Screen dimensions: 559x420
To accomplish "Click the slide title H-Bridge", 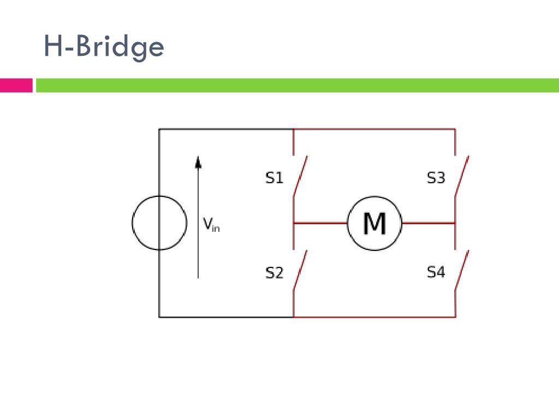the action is [x=104, y=47].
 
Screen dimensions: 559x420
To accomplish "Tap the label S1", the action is [x=275, y=178].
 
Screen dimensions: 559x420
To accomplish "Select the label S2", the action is [x=275, y=272].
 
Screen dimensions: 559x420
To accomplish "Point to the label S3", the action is [x=436, y=178].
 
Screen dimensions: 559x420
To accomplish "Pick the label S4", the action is [x=436, y=272].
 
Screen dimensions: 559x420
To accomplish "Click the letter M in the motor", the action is [x=374, y=223].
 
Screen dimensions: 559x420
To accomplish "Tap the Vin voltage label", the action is [x=211, y=224].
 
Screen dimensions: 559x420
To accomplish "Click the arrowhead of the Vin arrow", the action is [x=198, y=161].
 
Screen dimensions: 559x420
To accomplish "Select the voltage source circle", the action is [x=159, y=223].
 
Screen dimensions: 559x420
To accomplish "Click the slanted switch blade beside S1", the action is [x=300, y=176].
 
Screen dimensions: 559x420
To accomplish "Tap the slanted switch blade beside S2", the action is [x=300, y=270].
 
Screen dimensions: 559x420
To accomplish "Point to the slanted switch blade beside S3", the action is [x=462, y=176].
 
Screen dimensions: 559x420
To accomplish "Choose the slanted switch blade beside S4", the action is [x=462, y=270].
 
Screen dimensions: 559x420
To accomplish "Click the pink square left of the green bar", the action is [x=16, y=85].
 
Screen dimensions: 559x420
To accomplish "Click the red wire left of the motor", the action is [x=320, y=223].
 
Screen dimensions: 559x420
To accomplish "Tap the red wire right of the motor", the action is [x=428, y=223].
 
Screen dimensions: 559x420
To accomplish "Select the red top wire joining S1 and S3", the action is [x=374, y=129].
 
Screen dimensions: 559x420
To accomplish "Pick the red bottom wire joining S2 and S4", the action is [x=374, y=317].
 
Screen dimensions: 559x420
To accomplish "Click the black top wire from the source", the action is [x=226, y=129].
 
